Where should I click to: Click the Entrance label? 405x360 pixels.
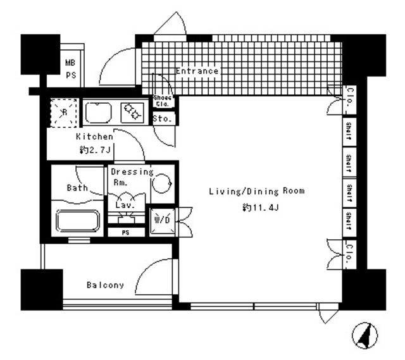pyautogui.click(x=197, y=71)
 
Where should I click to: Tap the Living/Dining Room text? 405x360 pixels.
pyautogui.click(x=257, y=190)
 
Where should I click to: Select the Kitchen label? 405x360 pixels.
pyautogui.click(x=94, y=137)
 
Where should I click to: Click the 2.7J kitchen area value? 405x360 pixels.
pyautogui.click(x=96, y=150)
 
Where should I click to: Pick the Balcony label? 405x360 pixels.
pyautogui.click(x=105, y=285)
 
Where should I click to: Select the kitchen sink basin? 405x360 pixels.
pyautogui.click(x=101, y=113)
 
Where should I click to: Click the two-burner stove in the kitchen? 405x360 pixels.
pyautogui.click(x=133, y=112)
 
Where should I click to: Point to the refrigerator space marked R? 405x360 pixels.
pyautogui.click(x=63, y=112)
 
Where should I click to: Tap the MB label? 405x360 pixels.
pyautogui.click(x=71, y=63)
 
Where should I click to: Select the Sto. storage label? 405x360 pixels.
pyautogui.click(x=159, y=118)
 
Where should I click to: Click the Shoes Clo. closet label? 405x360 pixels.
pyautogui.click(x=161, y=101)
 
